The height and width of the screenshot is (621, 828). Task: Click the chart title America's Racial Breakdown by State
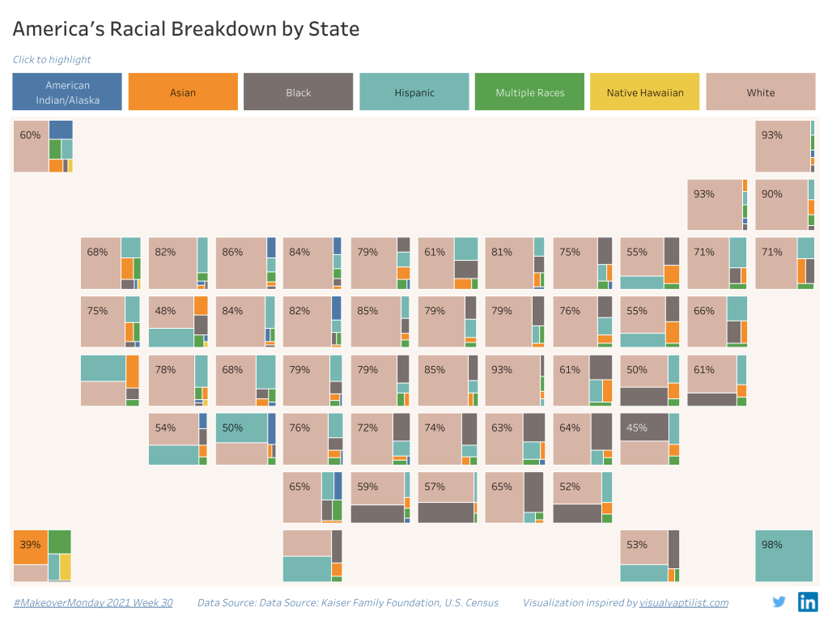pos(185,29)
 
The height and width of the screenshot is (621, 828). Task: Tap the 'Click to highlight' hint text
pos(52,59)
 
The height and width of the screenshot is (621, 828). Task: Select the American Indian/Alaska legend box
pos(67,92)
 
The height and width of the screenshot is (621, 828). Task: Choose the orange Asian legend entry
pos(183,92)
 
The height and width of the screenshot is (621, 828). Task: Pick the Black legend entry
pos(298,92)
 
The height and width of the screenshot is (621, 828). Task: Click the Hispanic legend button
pos(414,92)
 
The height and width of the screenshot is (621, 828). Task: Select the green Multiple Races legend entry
pos(529,92)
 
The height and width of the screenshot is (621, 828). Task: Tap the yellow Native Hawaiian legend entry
pos(645,92)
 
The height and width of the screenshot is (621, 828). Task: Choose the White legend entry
pos(760,92)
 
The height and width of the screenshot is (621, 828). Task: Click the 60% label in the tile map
pos(30,135)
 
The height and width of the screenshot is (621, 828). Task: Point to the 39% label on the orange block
pos(30,544)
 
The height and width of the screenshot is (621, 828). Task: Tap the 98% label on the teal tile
pos(771,544)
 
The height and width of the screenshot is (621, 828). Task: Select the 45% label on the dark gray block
pos(637,427)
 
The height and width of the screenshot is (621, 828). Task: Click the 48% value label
pos(165,310)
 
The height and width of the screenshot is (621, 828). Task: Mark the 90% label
pos(771,194)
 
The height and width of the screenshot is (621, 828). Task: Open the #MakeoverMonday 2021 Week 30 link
pos(93,602)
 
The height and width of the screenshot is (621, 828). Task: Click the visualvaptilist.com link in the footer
pos(684,602)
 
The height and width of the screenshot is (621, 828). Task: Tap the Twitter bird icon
pos(779,602)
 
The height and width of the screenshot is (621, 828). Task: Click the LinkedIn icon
pos(808,602)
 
